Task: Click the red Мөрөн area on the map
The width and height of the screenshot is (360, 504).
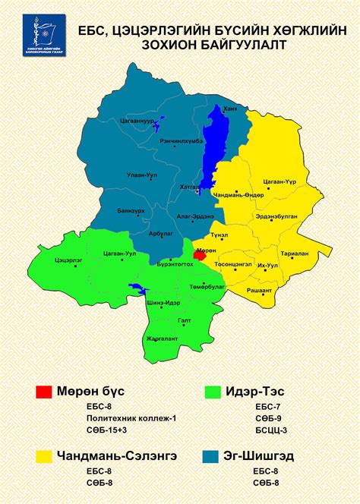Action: click(200, 256)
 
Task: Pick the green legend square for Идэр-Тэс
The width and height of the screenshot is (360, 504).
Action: click(213, 392)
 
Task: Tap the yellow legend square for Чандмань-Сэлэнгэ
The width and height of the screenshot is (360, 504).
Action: click(43, 456)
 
